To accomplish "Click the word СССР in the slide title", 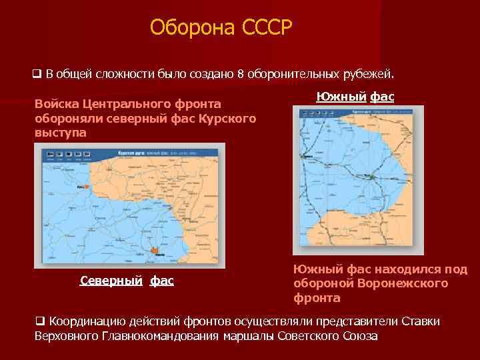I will [265, 27].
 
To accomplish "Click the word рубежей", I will [375, 72].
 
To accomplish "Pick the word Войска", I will [57, 105].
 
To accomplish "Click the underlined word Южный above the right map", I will [340, 97].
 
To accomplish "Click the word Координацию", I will [89, 321].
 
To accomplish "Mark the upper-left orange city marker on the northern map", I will [85, 187].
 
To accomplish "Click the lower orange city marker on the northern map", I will [154, 251].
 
